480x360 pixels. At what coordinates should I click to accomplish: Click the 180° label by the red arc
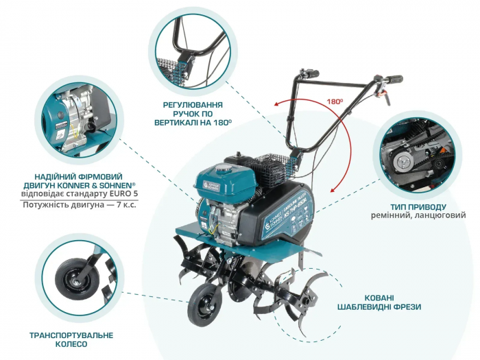[x=335, y=101]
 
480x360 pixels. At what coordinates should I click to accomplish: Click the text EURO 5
[x=118, y=194]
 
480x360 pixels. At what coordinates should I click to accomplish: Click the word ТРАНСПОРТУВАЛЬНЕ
[x=71, y=335]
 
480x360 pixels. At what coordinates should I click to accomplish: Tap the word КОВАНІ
[x=379, y=297]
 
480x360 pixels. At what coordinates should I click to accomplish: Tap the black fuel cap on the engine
[x=223, y=169]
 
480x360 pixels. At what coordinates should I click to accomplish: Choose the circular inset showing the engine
[x=75, y=122]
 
